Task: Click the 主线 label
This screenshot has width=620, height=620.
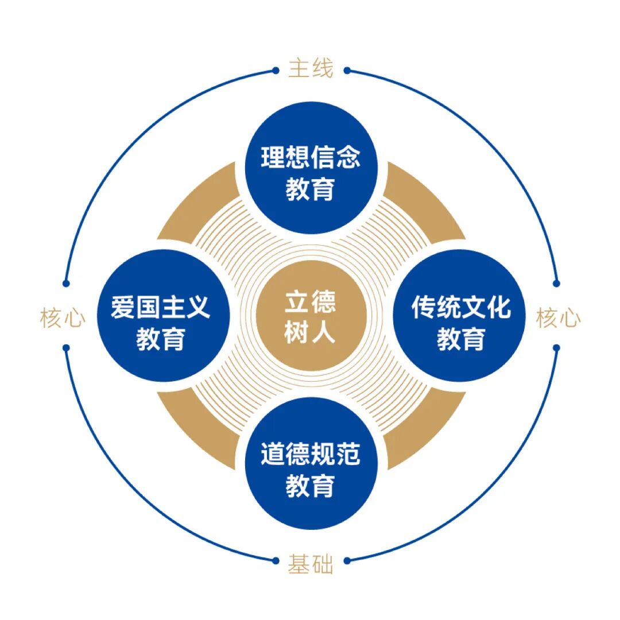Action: pos(311,69)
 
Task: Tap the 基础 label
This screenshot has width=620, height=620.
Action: pos(311,565)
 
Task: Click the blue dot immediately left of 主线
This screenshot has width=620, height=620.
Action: pos(276,71)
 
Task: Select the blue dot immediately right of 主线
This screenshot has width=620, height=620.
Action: pos(347,71)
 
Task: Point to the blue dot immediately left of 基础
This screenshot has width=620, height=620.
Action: pos(276,560)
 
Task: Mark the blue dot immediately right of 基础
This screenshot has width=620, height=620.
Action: pos(347,560)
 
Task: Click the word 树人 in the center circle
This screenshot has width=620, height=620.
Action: pos(311,332)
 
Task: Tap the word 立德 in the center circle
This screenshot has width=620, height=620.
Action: pos(311,303)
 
